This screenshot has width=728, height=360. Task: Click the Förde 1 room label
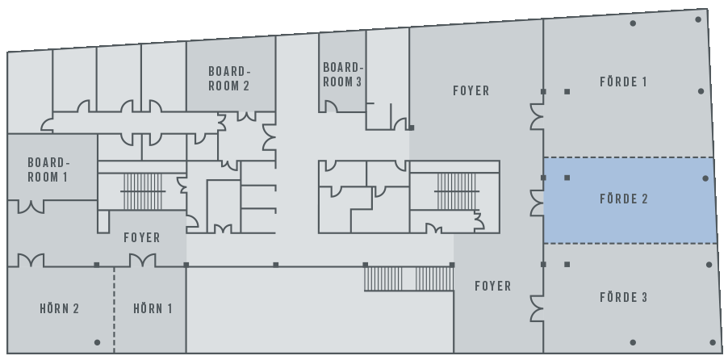[623, 82]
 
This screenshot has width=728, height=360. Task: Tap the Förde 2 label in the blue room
[624, 199]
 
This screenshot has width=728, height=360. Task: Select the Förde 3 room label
[624, 297]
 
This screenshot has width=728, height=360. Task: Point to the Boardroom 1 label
[48, 170]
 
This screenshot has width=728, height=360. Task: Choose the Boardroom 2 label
[229, 78]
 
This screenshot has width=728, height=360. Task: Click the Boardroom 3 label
[342, 75]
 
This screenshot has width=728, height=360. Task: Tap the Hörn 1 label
[153, 309]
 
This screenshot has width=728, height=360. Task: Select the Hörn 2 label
[60, 309]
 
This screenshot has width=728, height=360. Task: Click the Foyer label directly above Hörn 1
[142, 238]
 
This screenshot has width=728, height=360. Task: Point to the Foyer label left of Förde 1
[471, 90]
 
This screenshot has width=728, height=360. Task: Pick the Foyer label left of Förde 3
[493, 286]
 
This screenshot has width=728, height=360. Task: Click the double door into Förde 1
[538, 116]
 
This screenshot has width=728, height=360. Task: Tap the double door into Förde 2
[538, 203]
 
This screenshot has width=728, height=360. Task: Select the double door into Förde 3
[538, 308]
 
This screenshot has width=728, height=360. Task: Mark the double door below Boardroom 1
[31, 207]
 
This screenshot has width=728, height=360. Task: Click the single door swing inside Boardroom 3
[331, 107]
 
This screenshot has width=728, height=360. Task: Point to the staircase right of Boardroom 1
[143, 191]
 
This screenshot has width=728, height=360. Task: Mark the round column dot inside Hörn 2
[97, 343]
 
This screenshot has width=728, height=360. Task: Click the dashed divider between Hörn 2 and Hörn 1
[115, 310]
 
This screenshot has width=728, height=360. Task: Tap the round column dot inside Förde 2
[705, 178]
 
